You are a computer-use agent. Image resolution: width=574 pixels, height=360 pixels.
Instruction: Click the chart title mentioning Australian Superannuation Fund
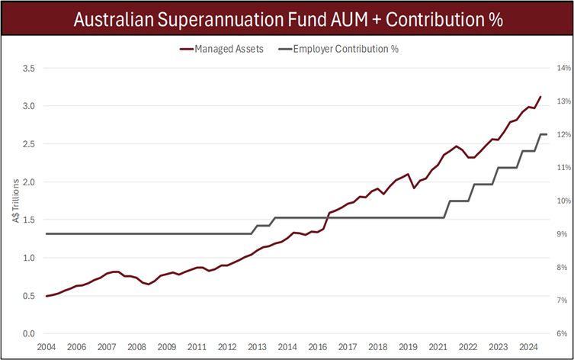pyautogui.click(x=287, y=18)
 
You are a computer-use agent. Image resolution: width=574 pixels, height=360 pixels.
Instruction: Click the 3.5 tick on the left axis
pyautogui.click(x=28, y=68)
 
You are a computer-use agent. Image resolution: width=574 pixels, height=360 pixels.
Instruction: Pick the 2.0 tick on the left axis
pyautogui.click(x=28, y=182)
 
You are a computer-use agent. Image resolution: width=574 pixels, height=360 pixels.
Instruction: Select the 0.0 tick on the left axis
pyautogui.click(x=28, y=334)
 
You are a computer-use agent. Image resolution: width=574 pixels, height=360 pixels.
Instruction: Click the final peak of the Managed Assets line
pyautogui.click(x=540, y=97)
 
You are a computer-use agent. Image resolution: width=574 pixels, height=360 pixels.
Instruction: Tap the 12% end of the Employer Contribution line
pyautogui.click(x=546, y=134)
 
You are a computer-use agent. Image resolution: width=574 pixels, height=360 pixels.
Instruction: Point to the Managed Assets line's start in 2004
pyautogui.click(x=46, y=296)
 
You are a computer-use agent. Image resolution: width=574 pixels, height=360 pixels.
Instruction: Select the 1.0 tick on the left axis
pyautogui.click(x=28, y=258)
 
